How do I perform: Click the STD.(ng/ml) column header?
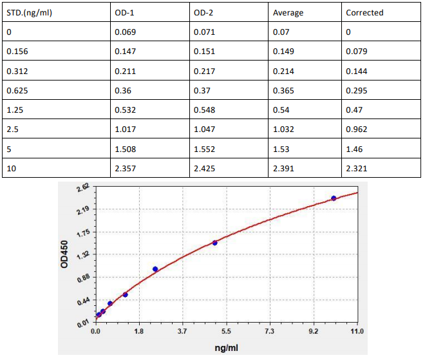click(x=28, y=12)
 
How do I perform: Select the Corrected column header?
click(x=364, y=12)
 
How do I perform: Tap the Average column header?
click(x=288, y=12)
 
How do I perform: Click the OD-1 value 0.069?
click(x=125, y=32)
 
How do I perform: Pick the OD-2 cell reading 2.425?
click(x=205, y=168)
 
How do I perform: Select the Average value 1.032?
click(x=283, y=129)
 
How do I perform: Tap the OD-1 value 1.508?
click(x=125, y=149)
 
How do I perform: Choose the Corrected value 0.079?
click(x=357, y=51)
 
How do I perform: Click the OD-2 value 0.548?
click(x=205, y=109)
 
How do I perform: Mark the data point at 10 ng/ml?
click(x=334, y=198)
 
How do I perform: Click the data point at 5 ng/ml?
click(x=214, y=243)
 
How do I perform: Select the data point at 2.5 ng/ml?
click(x=155, y=269)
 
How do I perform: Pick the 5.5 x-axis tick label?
click(x=226, y=332)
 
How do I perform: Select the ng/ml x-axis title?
click(x=226, y=347)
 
